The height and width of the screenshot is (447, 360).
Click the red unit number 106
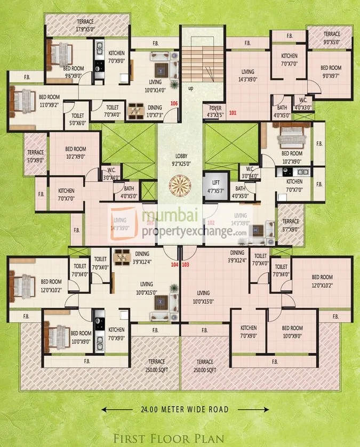[173, 103]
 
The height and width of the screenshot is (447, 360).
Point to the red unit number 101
[232, 113]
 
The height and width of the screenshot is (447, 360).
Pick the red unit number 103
[186, 264]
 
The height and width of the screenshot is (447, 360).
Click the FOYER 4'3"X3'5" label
[215, 110]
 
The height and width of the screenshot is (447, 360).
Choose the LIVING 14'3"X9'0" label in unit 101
[247, 75]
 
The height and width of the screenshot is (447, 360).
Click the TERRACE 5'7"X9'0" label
[290, 224]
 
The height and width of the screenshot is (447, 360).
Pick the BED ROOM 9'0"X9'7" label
[331, 71]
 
